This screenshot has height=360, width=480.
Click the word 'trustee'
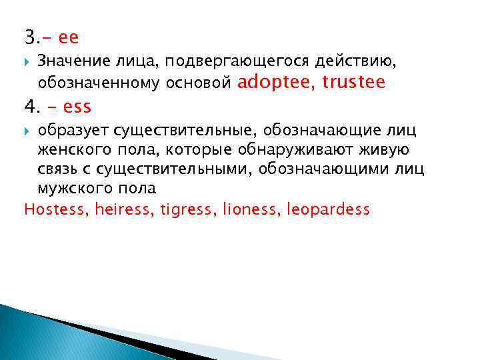click(x=353, y=82)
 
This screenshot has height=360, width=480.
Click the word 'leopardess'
click(x=327, y=209)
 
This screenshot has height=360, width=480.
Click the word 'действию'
click(x=354, y=61)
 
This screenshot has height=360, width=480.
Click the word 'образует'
click(x=71, y=129)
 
